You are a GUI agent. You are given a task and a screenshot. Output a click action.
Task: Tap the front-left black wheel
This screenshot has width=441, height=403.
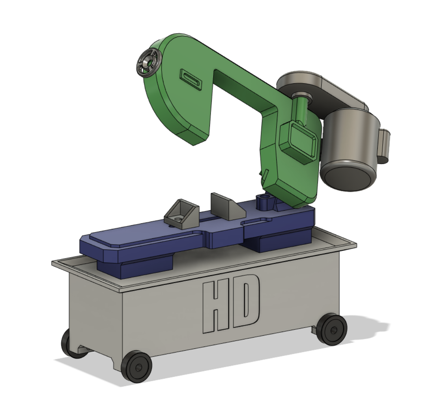pos(137,366)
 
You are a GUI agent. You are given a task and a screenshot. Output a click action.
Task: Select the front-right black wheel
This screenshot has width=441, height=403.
pos(332,329)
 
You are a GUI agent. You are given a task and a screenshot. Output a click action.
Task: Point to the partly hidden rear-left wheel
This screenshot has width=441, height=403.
pos(67,344)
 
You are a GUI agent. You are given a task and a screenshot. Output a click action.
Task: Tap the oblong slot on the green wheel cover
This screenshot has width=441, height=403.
pos(191,80)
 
